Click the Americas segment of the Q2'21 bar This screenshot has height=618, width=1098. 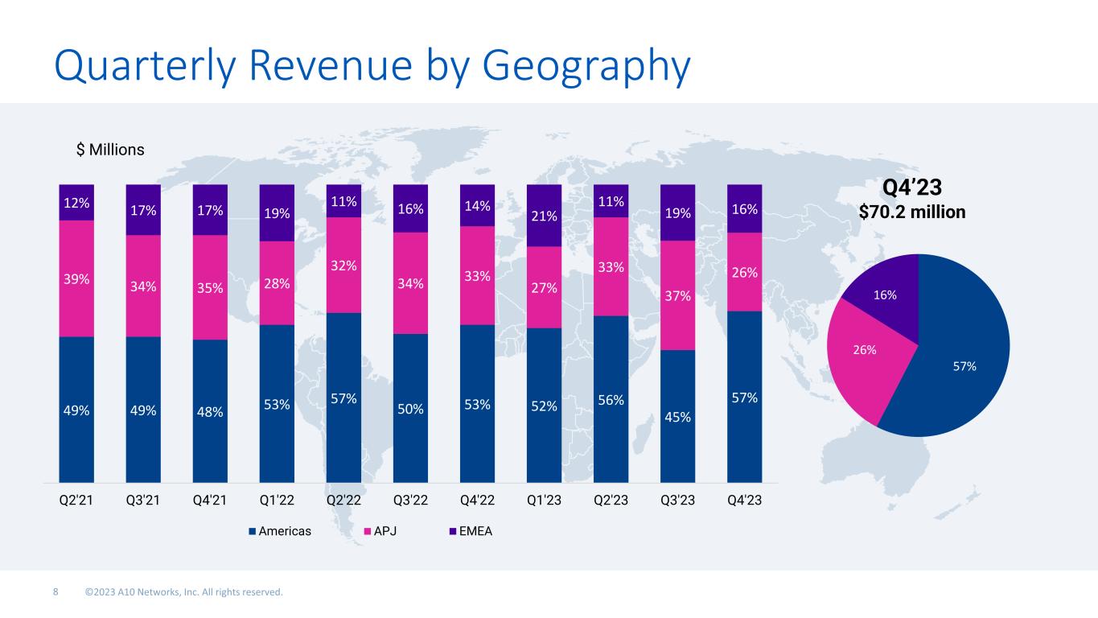(x=76, y=409)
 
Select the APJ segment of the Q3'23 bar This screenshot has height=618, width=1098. (x=677, y=295)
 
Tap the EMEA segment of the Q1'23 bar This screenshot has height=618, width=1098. (x=544, y=215)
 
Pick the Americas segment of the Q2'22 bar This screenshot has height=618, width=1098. (x=343, y=398)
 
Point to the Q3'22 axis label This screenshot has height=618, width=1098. (x=410, y=500)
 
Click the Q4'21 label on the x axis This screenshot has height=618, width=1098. (x=210, y=500)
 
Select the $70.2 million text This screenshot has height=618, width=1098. (x=912, y=212)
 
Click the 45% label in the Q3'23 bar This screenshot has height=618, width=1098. (x=677, y=416)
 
